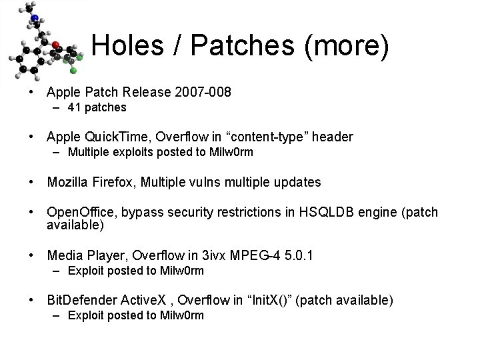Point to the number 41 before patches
pos(74,107)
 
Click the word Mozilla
pos(68,182)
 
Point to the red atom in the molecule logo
pos(56,45)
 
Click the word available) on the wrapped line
pos(75,225)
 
